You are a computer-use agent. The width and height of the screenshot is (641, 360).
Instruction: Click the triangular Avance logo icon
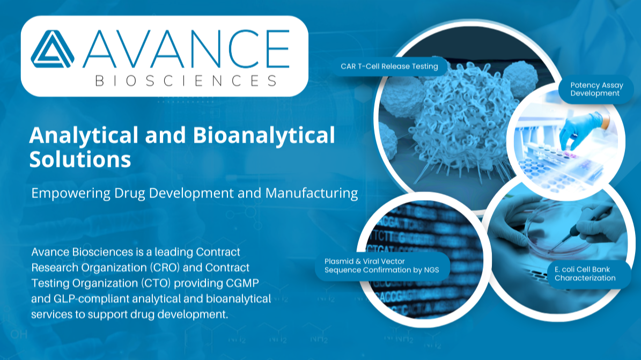[x=53, y=49]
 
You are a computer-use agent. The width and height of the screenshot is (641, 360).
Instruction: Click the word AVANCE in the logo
[x=186, y=49]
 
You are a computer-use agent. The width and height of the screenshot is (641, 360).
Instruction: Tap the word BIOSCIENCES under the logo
[x=186, y=80]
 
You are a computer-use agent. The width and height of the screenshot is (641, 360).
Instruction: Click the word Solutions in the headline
[x=80, y=159]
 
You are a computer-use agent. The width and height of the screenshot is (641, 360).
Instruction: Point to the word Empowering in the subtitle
[x=71, y=193]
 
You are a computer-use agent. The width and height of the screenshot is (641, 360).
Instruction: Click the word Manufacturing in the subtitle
[x=312, y=193]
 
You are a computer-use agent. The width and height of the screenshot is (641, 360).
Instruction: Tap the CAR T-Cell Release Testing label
[x=389, y=67]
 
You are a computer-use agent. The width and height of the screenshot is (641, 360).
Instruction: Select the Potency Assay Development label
[x=596, y=89]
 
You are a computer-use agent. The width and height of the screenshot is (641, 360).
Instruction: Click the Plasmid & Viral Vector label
[x=382, y=266]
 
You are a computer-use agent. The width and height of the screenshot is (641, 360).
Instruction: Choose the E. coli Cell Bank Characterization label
[x=585, y=274]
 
